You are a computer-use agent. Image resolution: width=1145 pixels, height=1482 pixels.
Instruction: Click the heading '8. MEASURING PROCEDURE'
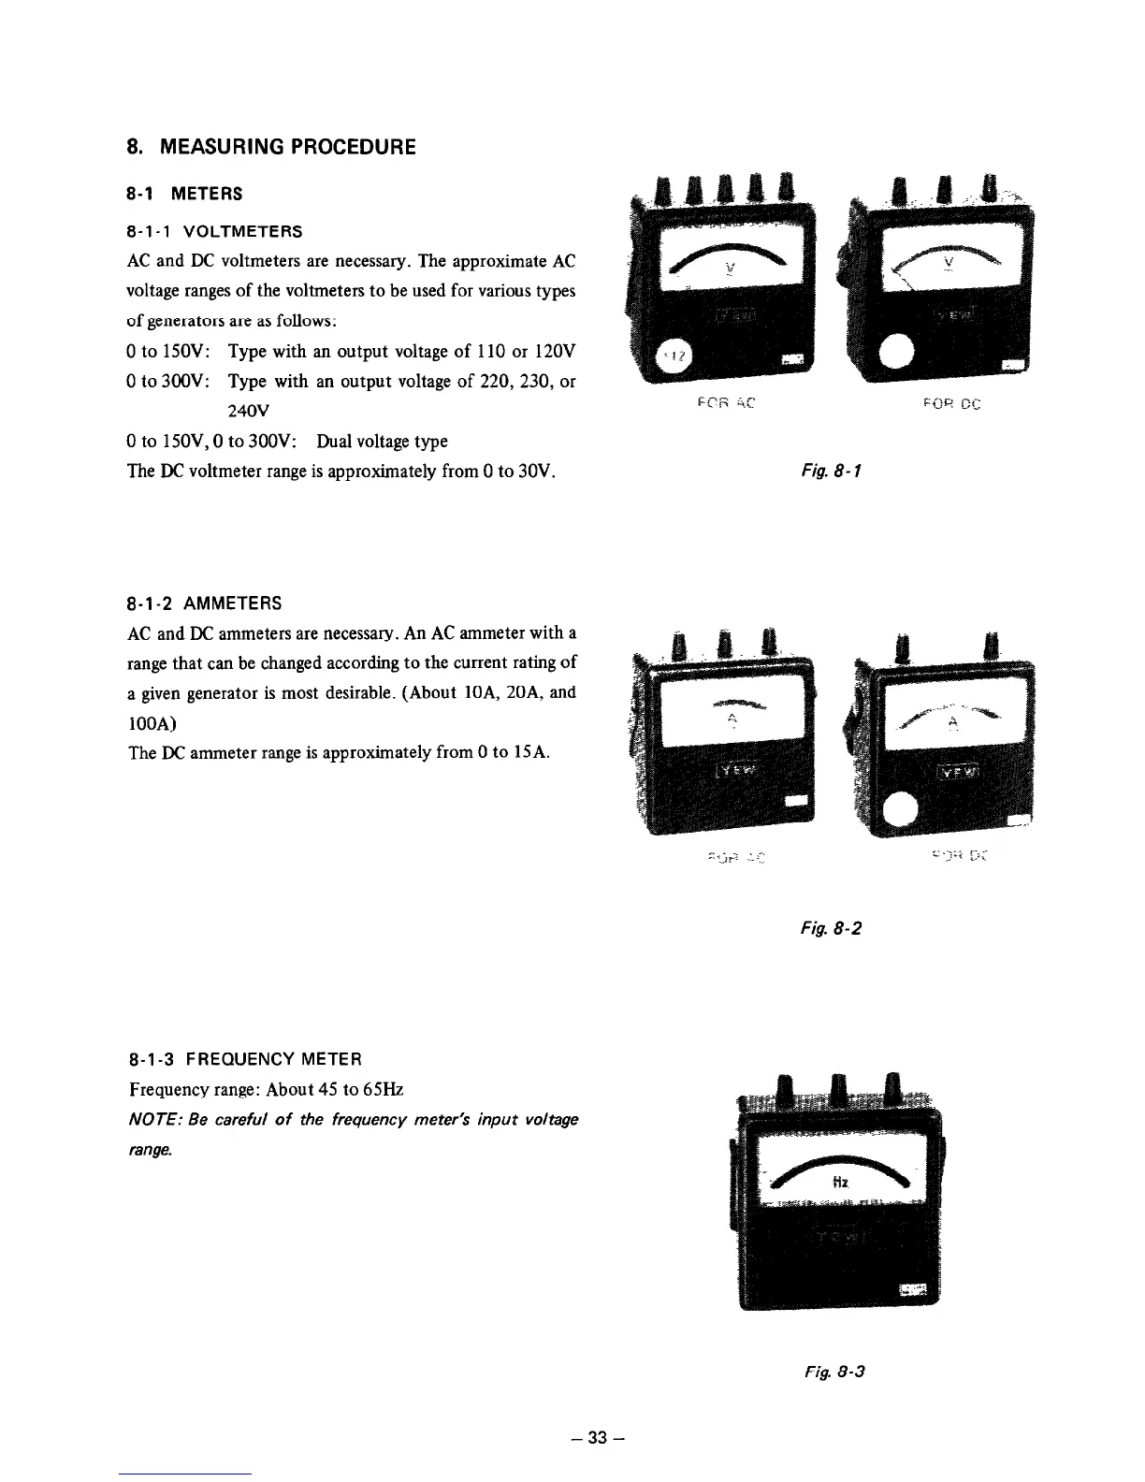tap(271, 148)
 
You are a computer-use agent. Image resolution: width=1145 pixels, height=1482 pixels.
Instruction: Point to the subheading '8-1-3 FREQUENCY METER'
tap(244, 1059)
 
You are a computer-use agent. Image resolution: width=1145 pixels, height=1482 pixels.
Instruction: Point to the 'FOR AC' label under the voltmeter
tap(726, 404)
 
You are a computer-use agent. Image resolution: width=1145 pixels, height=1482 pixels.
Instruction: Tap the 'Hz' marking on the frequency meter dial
tap(840, 1183)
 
